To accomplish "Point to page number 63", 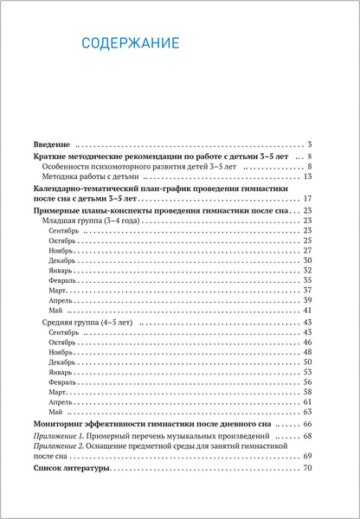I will tap(306, 412).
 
